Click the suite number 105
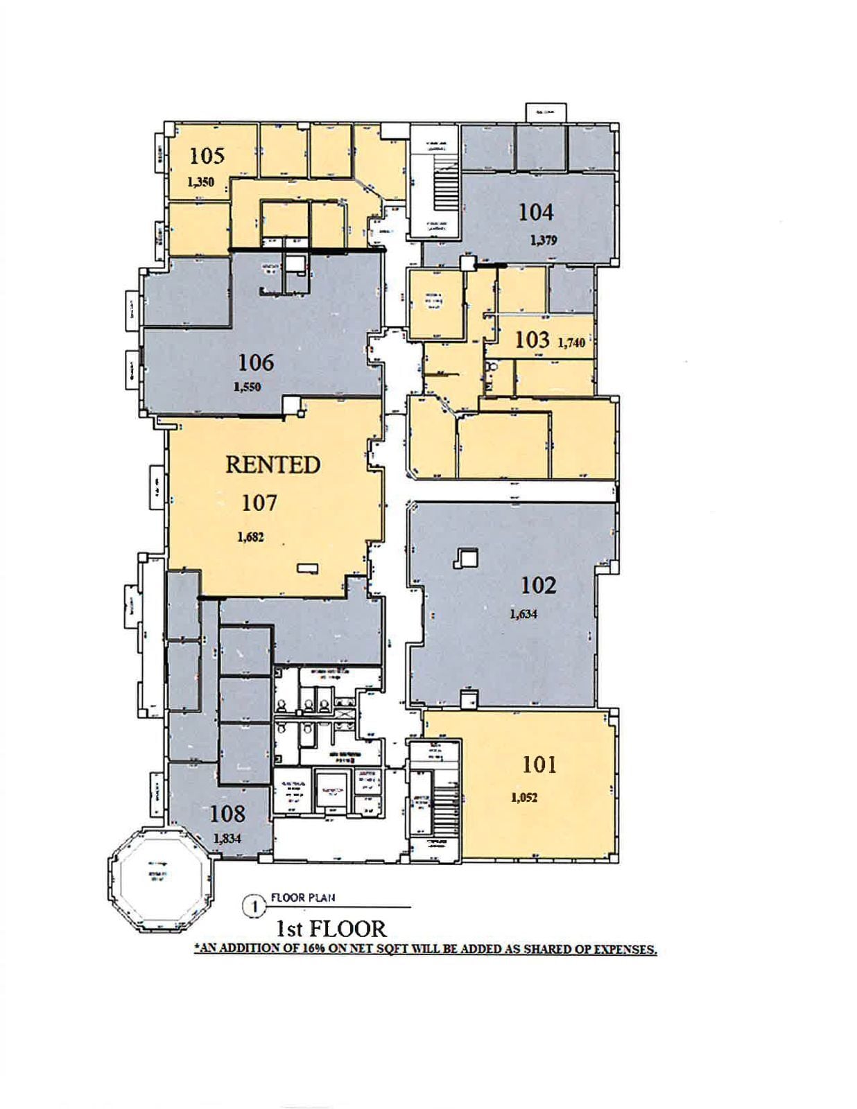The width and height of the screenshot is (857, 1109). coord(207,155)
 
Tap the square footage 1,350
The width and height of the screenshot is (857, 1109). coord(201,182)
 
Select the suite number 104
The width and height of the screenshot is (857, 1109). coord(535,212)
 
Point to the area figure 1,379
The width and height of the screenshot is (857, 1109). coord(543,241)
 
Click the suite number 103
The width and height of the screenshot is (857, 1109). coord(532,340)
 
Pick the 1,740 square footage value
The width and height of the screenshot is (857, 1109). coord(571,342)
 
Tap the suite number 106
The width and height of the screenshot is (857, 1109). coord(256,362)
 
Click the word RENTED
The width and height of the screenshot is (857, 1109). coord(272,464)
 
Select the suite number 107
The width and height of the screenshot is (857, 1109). coord(259,503)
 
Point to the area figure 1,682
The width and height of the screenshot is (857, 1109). coord(250,536)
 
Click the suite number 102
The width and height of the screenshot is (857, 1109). coord(538,586)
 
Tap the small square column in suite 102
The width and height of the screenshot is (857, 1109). coord(466,558)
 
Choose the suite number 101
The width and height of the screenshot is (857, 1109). coord(539,765)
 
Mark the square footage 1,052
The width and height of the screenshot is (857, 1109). coord(524,798)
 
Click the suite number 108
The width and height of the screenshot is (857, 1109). coord(227,813)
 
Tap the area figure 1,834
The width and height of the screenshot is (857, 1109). coord(227,839)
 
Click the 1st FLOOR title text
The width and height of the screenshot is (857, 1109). coord(331,928)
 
